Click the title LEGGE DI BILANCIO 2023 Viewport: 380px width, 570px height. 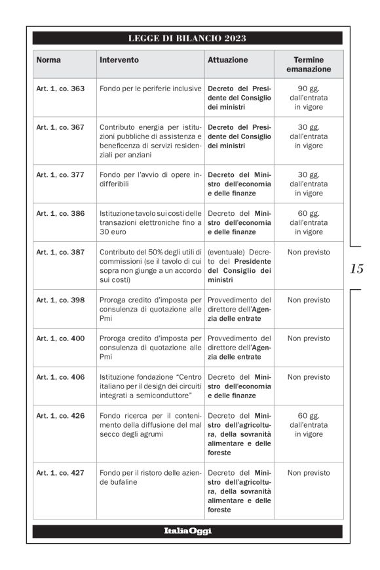click(187, 39)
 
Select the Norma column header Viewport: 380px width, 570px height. click(48, 60)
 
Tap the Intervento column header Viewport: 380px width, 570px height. click(119, 60)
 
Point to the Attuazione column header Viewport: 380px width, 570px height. click(228, 60)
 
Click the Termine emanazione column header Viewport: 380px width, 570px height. click(308, 64)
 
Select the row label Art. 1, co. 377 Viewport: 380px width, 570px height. click(60, 175)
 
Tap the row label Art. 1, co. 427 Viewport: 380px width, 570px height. click(60, 473)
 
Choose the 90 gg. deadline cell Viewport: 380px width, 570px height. click(308, 98)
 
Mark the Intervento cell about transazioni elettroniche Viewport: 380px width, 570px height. click(150, 222)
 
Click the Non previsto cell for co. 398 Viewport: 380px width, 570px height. click(308, 300)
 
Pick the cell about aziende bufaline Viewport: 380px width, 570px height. click(150, 477)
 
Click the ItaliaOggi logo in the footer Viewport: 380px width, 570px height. click(187, 531)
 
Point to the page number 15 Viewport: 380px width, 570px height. click(357, 268)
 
